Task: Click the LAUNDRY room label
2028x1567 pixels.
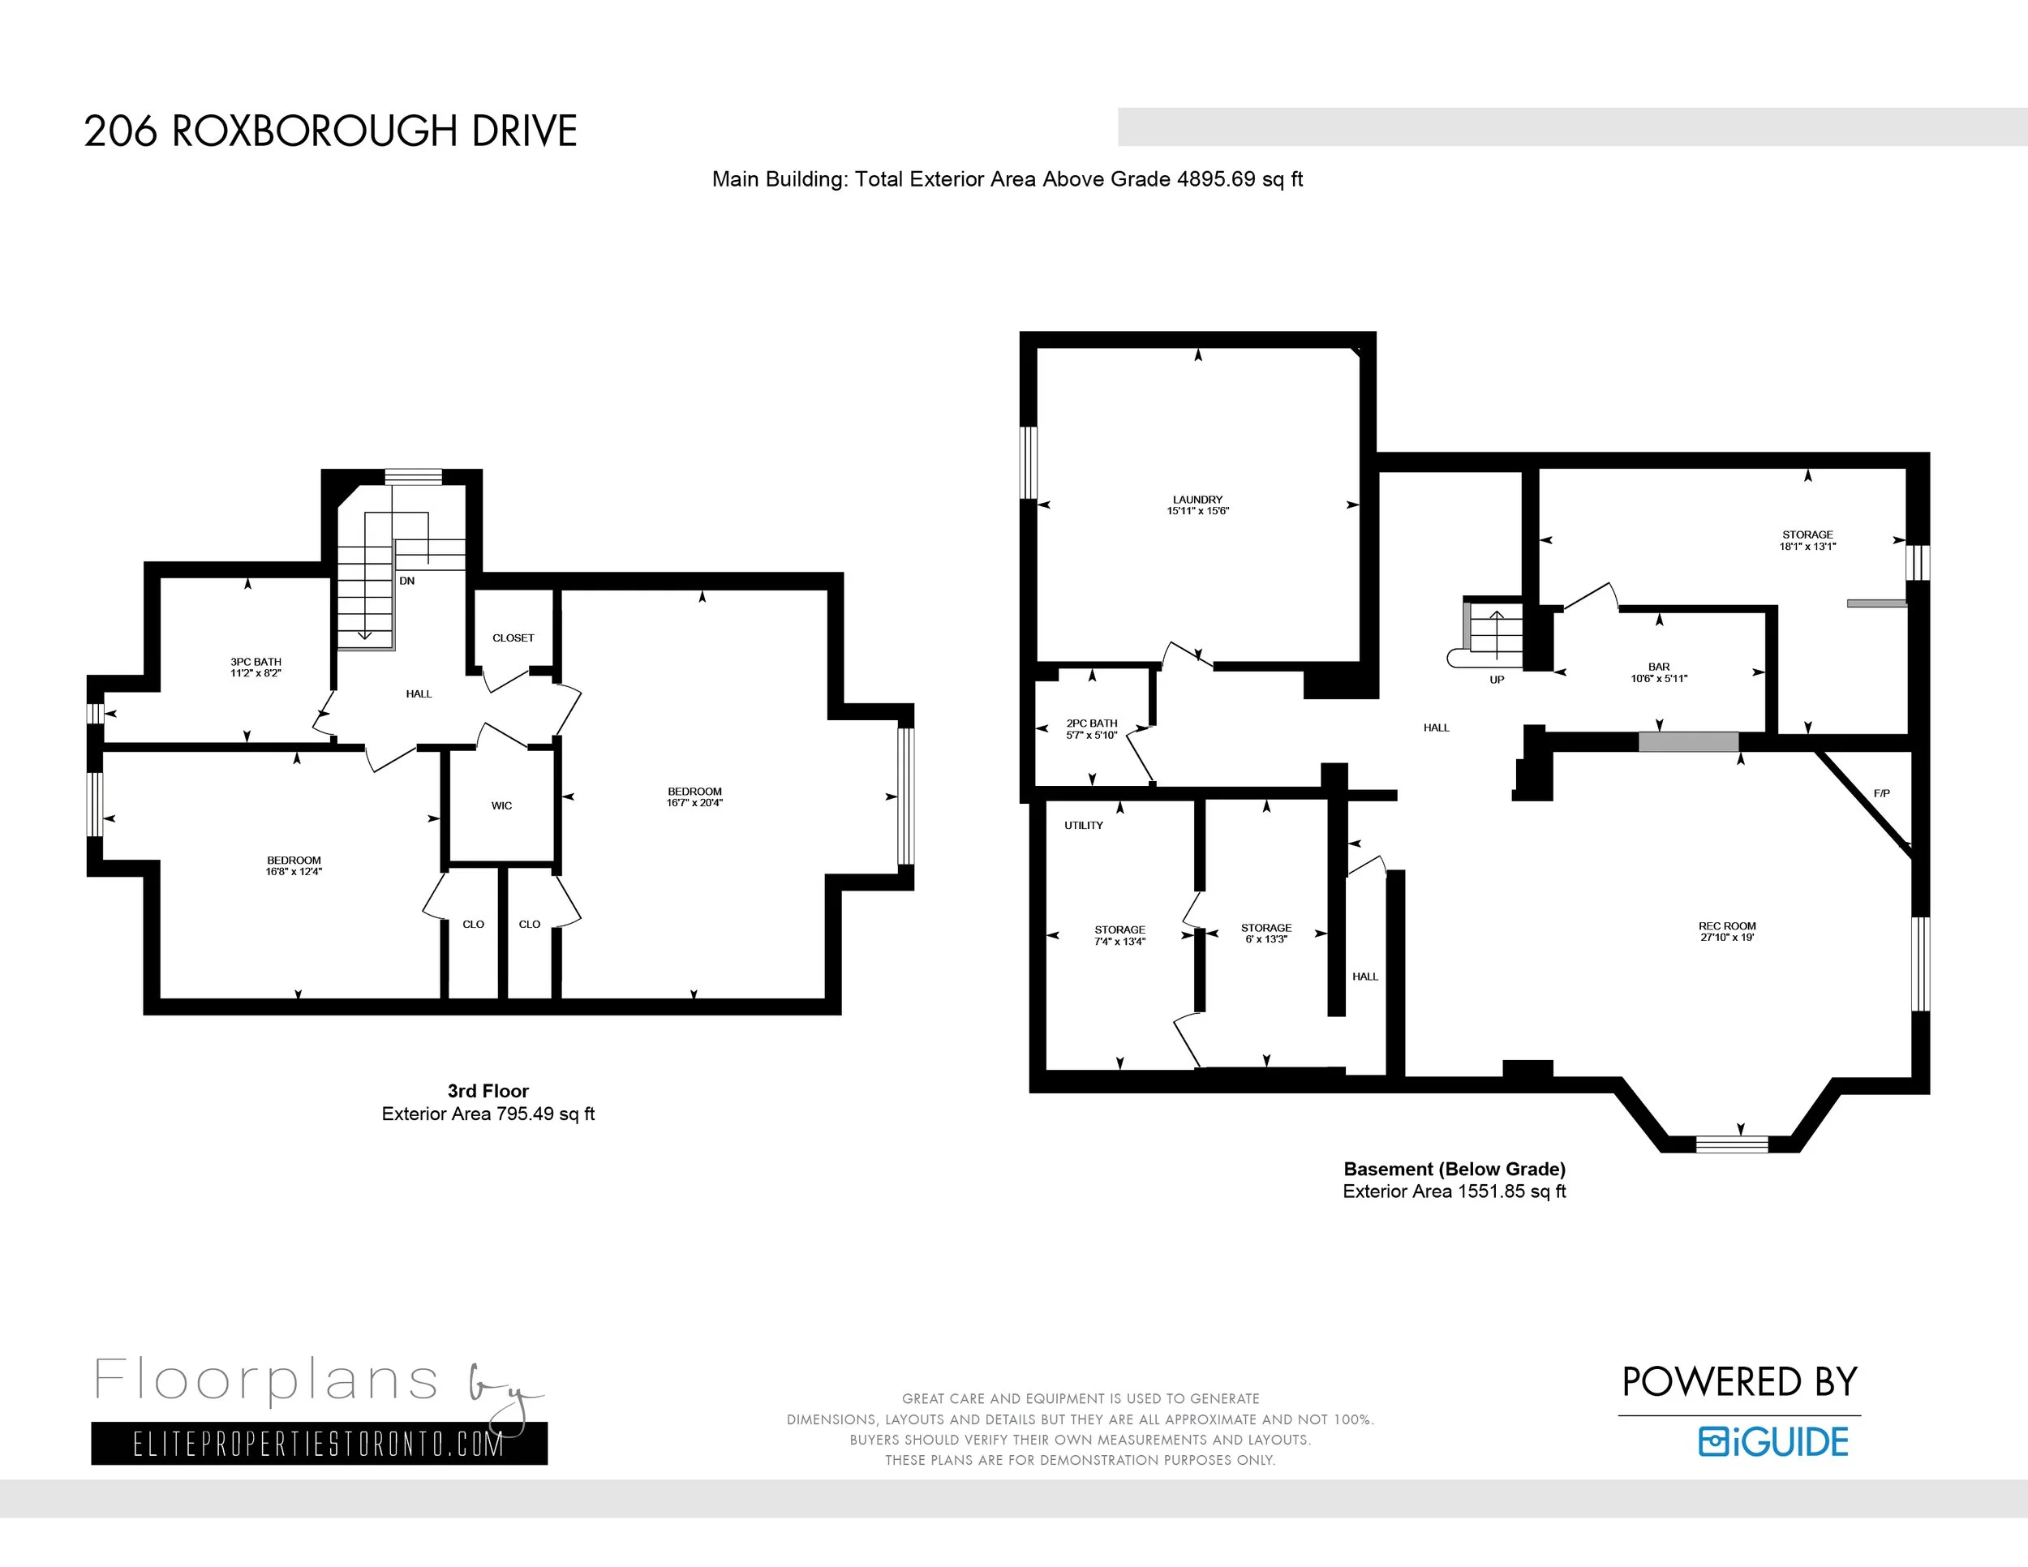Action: click(x=1197, y=500)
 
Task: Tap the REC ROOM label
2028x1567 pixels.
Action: click(x=1726, y=925)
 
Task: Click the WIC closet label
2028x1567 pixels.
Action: click(x=501, y=805)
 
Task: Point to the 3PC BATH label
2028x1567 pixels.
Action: click(x=256, y=662)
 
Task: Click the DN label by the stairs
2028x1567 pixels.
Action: click(x=406, y=581)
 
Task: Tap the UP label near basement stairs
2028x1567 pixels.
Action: click(x=1496, y=680)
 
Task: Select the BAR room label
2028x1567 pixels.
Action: click(x=1658, y=667)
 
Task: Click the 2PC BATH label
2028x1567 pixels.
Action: click(x=1091, y=723)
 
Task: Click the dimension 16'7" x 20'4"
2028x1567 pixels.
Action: click(x=694, y=803)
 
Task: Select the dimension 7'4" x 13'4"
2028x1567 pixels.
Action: click(x=1119, y=942)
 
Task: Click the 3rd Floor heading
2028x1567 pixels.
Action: click(x=488, y=1091)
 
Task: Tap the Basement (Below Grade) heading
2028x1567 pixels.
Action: click(x=1454, y=1169)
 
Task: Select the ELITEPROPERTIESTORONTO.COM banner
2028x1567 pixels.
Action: click(x=319, y=1444)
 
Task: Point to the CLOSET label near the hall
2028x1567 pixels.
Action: click(x=513, y=638)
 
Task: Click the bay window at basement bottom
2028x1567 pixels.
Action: click(x=1731, y=1144)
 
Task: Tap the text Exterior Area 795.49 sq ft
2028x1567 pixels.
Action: click(x=488, y=1114)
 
